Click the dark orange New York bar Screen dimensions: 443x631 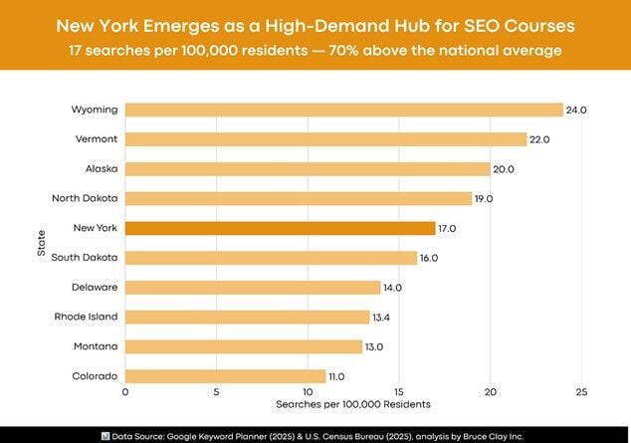pos(280,228)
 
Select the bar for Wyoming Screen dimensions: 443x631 pos(343,110)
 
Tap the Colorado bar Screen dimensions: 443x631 pos(225,375)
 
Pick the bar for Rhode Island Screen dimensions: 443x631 pos(247,317)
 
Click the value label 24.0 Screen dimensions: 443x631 pos(575,110)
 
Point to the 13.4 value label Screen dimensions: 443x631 pos(383,317)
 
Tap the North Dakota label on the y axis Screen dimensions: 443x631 pos(86,198)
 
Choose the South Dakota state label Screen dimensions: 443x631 pos(86,257)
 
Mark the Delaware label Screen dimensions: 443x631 pos(95,287)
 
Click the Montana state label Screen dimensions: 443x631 pos(96,345)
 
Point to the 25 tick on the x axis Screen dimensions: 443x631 pos(581,392)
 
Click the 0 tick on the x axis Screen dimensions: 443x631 pos(125,392)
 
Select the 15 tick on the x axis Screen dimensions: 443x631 pos(399,392)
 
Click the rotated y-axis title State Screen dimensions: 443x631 pos(41,243)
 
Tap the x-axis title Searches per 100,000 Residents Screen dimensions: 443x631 pos(352,405)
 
